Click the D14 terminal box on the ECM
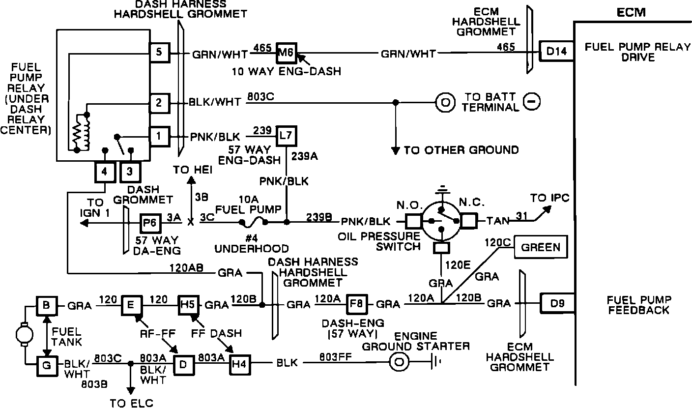click(x=556, y=51)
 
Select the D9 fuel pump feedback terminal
click(x=557, y=303)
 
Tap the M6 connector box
click(x=287, y=53)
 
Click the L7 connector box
click(x=287, y=136)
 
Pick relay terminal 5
click(x=159, y=53)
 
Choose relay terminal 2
click(x=159, y=103)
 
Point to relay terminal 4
click(x=105, y=172)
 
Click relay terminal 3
click(x=130, y=172)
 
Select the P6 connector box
click(x=150, y=223)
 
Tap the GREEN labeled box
click(x=541, y=247)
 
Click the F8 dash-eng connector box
click(x=356, y=304)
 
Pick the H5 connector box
click(x=188, y=305)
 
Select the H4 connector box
click(x=240, y=365)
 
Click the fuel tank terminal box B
click(x=47, y=306)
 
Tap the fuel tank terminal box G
click(x=47, y=366)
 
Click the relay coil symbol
click(x=81, y=133)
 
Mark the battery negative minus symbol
click(x=532, y=102)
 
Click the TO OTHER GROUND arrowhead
click(x=396, y=151)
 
